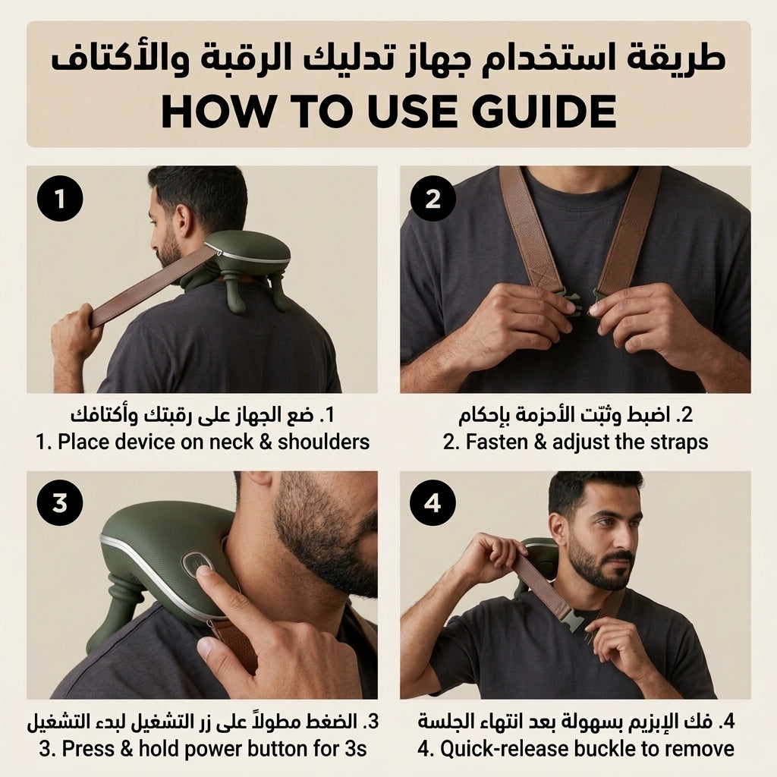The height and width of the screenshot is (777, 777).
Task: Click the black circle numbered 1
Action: click(60, 199)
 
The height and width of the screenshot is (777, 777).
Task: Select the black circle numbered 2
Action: click(433, 199)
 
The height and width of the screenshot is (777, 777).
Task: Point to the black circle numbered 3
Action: click(60, 503)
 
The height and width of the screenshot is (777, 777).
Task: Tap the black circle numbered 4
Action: click(433, 503)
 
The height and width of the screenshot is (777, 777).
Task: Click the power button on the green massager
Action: click(195, 565)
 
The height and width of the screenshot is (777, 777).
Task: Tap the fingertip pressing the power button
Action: click(204, 571)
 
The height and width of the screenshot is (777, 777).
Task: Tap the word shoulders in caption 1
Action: click(323, 442)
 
